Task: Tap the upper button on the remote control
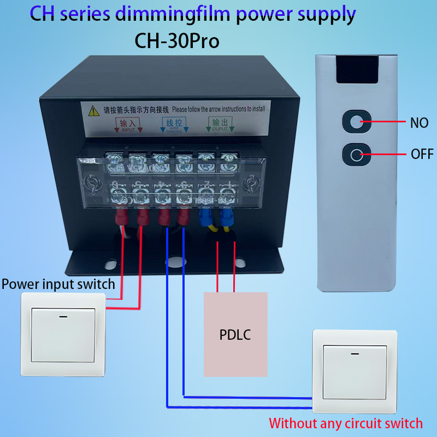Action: [x=356, y=122]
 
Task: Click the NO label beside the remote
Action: [x=419, y=123]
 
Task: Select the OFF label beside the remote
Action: [x=422, y=154]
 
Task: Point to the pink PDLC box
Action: [x=235, y=334]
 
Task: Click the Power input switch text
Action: [x=58, y=284]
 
